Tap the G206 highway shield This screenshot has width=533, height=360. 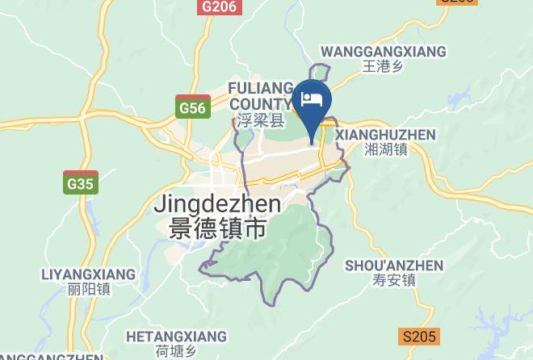click(x=220, y=6)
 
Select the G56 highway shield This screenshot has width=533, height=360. click(x=192, y=107)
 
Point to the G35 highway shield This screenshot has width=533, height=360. click(x=81, y=184)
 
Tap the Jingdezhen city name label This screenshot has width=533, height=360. click(x=217, y=204)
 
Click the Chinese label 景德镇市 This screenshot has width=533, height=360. click(x=218, y=228)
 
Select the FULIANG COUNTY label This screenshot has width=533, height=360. click(x=259, y=95)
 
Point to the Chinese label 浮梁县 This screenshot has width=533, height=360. click(x=261, y=121)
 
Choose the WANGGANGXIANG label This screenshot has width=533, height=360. click(x=383, y=52)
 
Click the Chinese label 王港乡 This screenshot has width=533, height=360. click(x=383, y=67)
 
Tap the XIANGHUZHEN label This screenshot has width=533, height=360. click(x=385, y=135)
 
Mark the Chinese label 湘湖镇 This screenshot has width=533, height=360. click(x=385, y=149)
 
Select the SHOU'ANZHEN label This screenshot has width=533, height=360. click(x=394, y=266)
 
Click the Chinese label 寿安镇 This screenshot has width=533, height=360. click(x=394, y=281)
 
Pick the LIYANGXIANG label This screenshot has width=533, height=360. click(x=88, y=274)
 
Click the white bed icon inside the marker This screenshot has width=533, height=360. click(x=312, y=101)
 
